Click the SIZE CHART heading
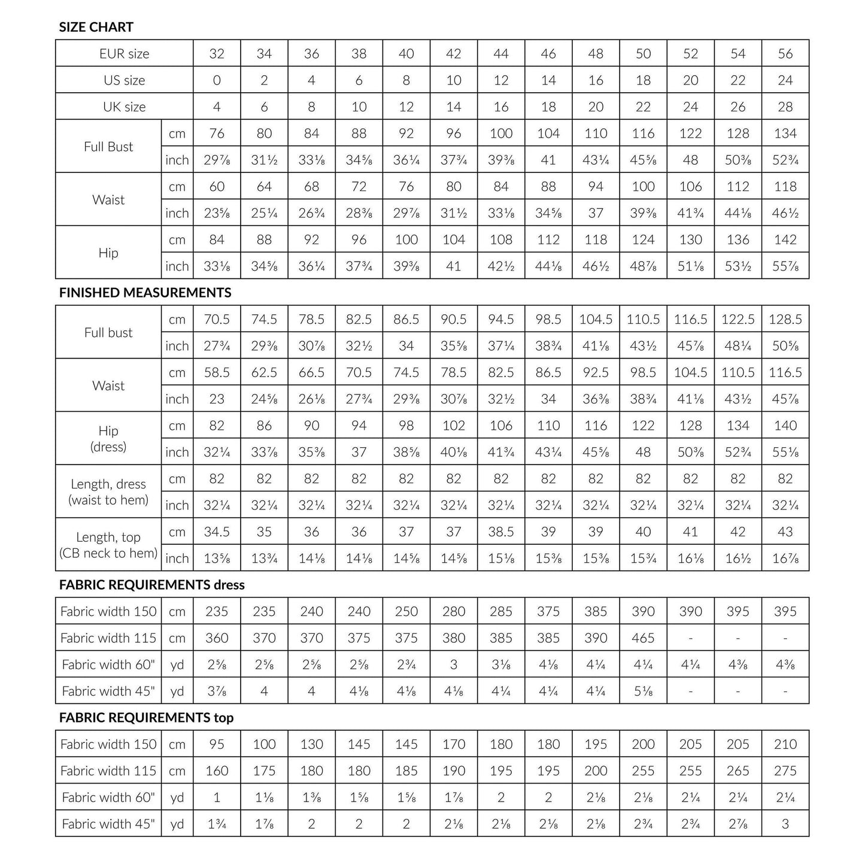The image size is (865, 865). point(96,27)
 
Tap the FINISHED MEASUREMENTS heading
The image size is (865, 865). point(145,293)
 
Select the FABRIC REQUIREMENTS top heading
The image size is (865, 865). point(146,718)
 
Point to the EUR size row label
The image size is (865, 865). point(125,54)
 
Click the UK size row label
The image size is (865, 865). point(125,107)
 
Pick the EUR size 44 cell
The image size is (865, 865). point(501,54)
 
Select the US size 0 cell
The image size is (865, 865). point(217,80)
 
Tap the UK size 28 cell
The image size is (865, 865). point(785,107)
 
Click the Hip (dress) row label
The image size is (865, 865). point(108,438)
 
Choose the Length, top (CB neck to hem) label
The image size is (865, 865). point(108,545)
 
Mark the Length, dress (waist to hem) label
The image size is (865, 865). point(108,491)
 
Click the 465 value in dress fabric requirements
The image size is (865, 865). point(643,638)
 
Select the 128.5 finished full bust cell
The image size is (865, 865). point(785,320)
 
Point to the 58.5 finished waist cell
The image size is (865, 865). point(217,373)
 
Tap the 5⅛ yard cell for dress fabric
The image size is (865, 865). point(643,691)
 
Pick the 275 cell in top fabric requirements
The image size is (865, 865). point(785,771)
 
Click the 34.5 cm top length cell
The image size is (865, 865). point(217,532)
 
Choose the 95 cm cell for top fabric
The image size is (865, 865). point(217,745)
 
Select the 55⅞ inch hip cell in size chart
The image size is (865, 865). point(785,266)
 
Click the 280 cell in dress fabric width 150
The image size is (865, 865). point(454,612)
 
